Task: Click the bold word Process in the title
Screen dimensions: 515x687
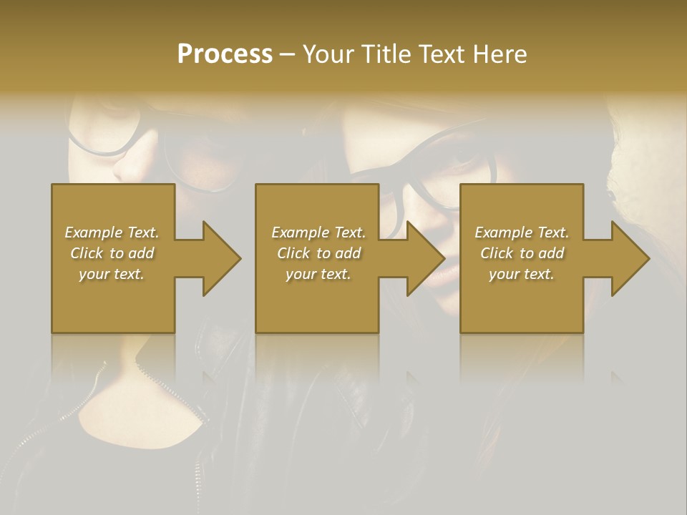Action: pyautogui.click(x=225, y=54)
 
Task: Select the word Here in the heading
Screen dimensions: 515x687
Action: pyautogui.click(x=501, y=54)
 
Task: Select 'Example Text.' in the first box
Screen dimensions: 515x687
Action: pyautogui.click(x=112, y=232)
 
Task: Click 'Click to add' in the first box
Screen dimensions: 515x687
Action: pyautogui.click(x=112, y=253)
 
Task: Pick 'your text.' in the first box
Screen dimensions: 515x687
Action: pyautogui.click(x=112, y=274)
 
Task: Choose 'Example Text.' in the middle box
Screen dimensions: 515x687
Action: pyautogui.click(x=318, y=232)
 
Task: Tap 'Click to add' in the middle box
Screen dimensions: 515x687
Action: pyautogui.click(x=318, y=253)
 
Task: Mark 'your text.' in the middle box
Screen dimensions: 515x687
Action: pyautogui.click(x=318, y=274)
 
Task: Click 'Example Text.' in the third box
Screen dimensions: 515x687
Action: pyautogui.click(x=522, y=232)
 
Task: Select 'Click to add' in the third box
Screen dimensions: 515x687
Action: pyautogui.click(x=522, y=253)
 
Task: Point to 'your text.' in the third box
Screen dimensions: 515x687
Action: pyautogui.click(x=522, y=274)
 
